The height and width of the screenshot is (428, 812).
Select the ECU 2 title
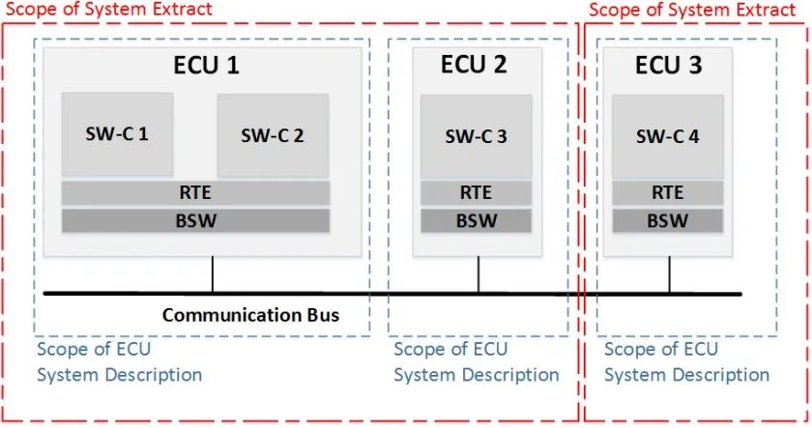(474, 66)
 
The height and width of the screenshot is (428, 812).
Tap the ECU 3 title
(668, 66)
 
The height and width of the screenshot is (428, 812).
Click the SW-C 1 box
(118, 133)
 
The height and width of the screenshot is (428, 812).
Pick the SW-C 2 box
(273, 135)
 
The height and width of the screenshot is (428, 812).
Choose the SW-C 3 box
(476, 136)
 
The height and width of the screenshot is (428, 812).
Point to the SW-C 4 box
(667, 136)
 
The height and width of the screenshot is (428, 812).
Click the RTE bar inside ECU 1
(196, 192)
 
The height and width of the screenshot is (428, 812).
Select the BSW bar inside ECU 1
(196, 220)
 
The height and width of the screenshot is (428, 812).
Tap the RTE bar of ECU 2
(476, 192)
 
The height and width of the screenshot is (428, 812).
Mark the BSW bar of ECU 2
(476, 220)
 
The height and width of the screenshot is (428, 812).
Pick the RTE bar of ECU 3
(667, 192)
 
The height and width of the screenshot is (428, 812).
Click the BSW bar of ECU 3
(667, 220)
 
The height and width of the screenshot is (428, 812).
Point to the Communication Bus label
(250, 315)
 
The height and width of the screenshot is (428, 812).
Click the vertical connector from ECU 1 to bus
(213, 274)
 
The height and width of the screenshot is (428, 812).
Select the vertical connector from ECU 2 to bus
(478, 274)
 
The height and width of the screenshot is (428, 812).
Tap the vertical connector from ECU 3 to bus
(669, 274)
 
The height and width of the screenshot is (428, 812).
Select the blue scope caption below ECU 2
(476, 361)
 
